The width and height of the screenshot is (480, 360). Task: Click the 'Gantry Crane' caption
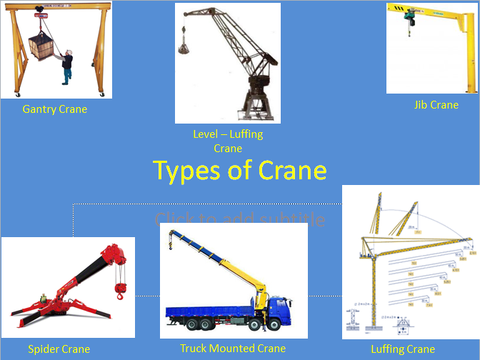pyautogui.click(x=54, y=109)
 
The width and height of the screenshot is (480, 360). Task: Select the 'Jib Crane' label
pyautogui.click(x=436, y=105)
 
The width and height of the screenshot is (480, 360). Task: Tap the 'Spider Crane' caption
pyautogui.click(x=59, y=349)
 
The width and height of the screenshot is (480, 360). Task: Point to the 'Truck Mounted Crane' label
pyautogui.click(x=233, y=349)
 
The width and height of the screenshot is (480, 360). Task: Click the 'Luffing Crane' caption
pyautogui.click(x=403, y=349)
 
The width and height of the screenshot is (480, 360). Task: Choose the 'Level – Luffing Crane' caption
pyautogui.click(x=228, y=141)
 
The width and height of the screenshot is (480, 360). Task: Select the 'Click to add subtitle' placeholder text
pyautogui.click(x=239, y=219)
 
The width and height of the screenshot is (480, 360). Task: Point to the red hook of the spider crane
pyautogui.click(x=121, y=290)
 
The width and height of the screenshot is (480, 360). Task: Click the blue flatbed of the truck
pyautogui.click(x=207, y=311)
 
